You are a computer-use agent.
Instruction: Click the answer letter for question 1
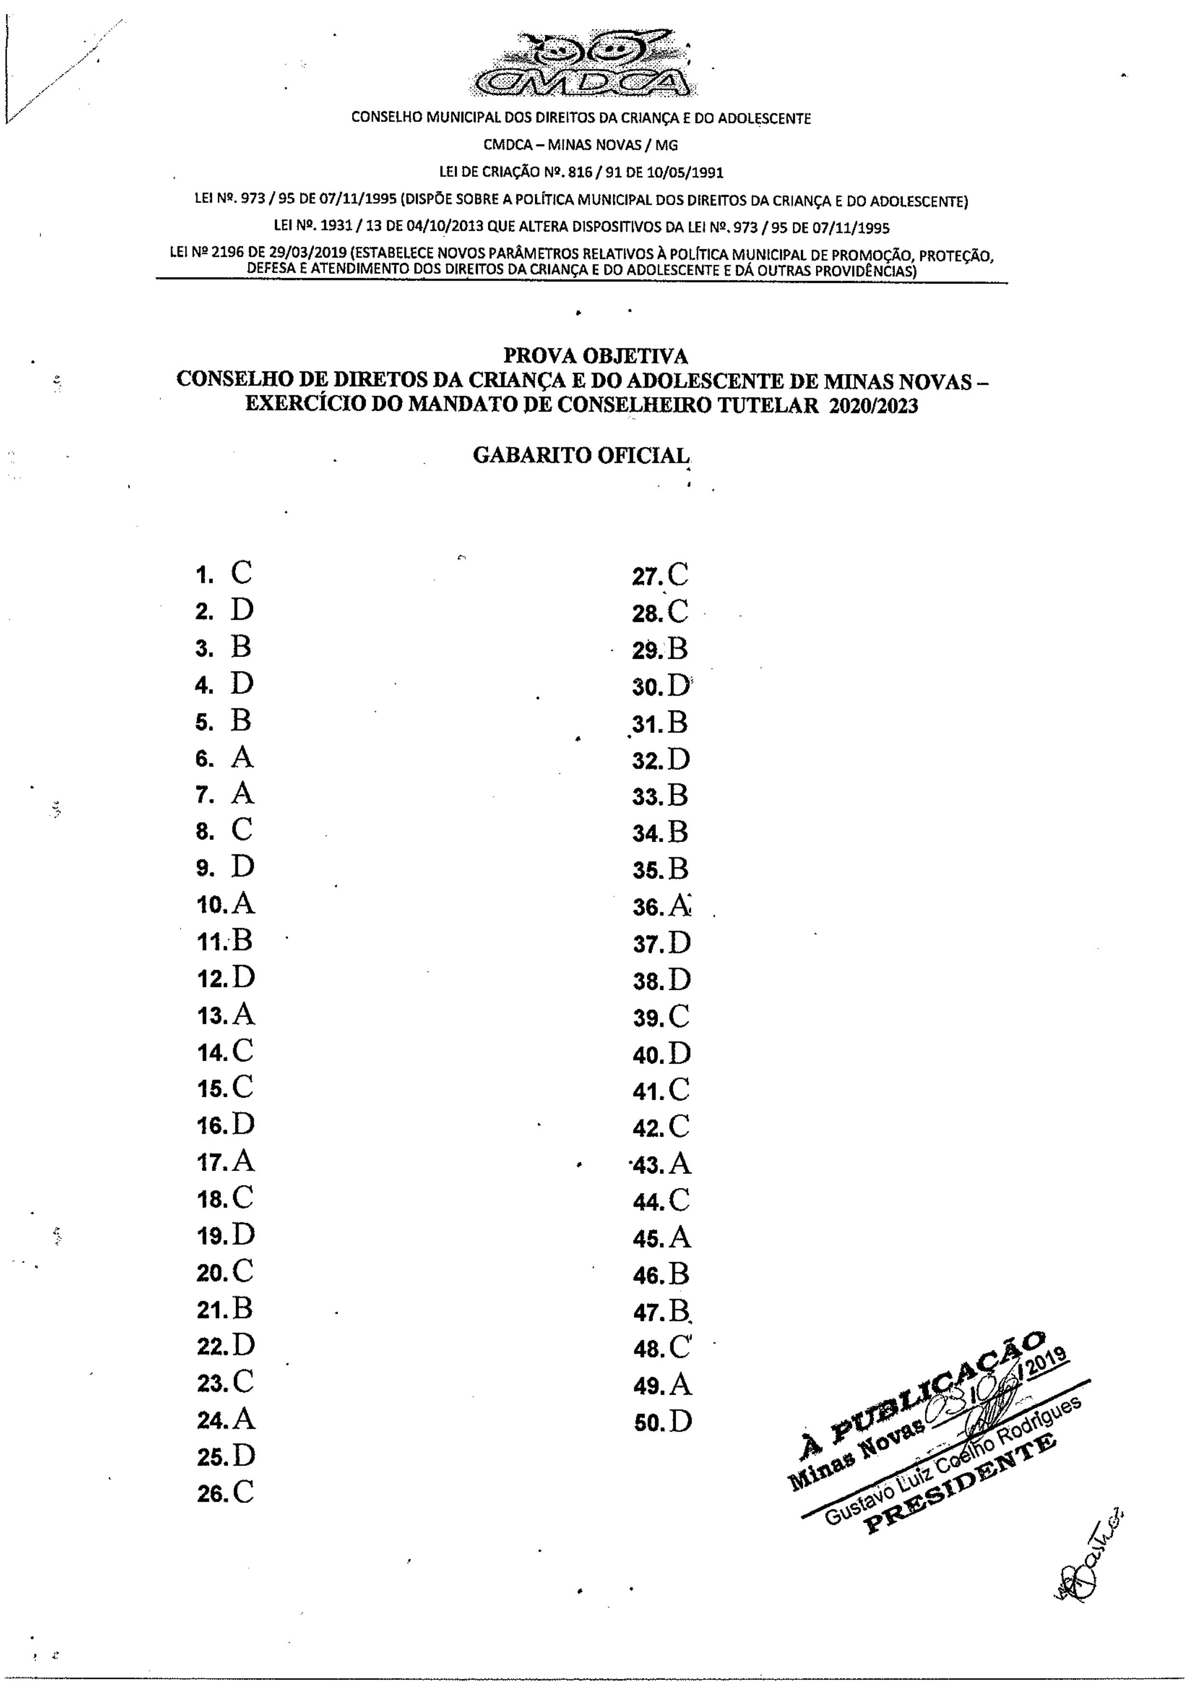click(x=241, y=572)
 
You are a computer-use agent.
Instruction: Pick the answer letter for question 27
click(x=678, y=574)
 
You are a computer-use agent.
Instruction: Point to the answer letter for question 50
click(x=680, y=1422)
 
